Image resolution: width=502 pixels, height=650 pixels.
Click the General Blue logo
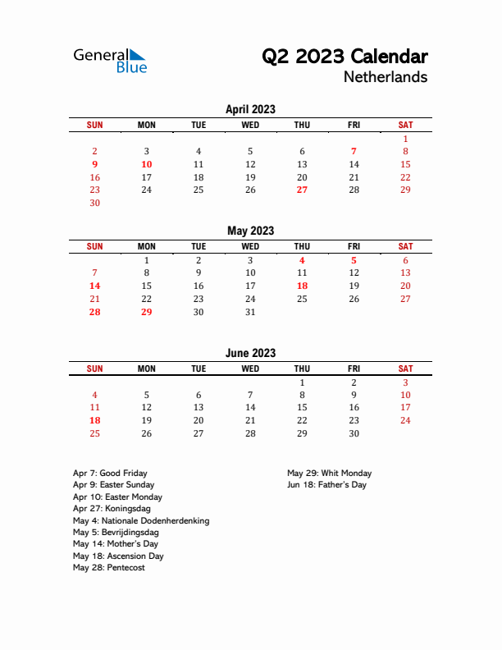coord(110,61)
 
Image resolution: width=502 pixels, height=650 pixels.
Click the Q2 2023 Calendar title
coord(344,57)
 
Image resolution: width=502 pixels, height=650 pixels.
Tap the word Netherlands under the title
coord(386,77)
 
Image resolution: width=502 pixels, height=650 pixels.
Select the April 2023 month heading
coord(250,109)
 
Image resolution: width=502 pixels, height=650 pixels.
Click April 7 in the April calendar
coord(354,151)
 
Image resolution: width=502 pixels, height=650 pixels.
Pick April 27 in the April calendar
coord(302,190)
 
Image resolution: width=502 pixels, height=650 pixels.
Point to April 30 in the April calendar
coord(94,203)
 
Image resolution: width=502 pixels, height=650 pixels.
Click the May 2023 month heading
coord(250,231)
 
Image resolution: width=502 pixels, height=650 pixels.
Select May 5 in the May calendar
coord(354,260)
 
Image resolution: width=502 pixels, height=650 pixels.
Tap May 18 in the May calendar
coord(302,286)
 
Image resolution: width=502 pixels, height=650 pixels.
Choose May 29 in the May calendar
coord(146,312)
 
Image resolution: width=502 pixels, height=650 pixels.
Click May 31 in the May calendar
coord(250,312)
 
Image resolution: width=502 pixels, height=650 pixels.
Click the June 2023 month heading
coord(250,353)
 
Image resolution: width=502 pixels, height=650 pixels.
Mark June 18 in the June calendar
coord(94,420)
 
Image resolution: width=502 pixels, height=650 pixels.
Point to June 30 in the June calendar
coord(354,433)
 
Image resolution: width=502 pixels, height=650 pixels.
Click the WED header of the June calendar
coord(250,369)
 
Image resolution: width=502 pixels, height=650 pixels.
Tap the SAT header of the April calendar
coord(405,125)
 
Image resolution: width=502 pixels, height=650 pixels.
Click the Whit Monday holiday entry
coord(329,473)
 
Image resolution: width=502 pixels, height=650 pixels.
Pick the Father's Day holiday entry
coord(326,485)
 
